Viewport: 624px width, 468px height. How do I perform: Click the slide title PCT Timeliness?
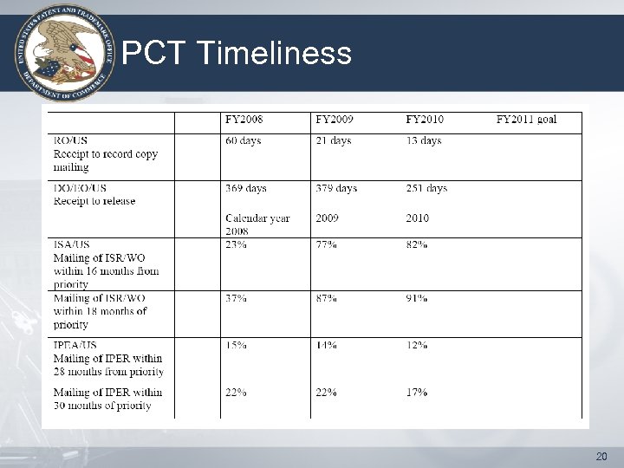click(x=237, y=55)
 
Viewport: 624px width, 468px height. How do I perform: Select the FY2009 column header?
click(x=335, y=120)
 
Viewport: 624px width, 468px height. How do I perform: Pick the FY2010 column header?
click(x=425, y=120)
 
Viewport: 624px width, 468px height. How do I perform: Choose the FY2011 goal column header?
click(x=526, y=120)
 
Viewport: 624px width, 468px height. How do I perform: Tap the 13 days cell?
click(x=424, y=140)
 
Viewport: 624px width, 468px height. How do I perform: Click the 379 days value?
click(x=336, y=188)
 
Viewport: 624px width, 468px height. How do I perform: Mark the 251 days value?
click(x=426, y=188)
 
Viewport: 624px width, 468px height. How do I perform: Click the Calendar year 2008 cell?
click(x=257, y=224)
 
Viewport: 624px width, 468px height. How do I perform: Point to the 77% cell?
click(x=326, y=245)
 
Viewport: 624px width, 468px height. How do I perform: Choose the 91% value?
click(x=416, y=298)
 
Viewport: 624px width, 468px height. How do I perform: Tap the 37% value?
click(x=236, y=298)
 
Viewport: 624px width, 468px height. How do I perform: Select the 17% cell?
click(x=416, y=392)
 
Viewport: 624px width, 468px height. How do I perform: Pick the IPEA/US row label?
click(x=75, y=345)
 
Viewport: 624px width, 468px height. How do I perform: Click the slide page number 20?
click(x=602, y=456)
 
